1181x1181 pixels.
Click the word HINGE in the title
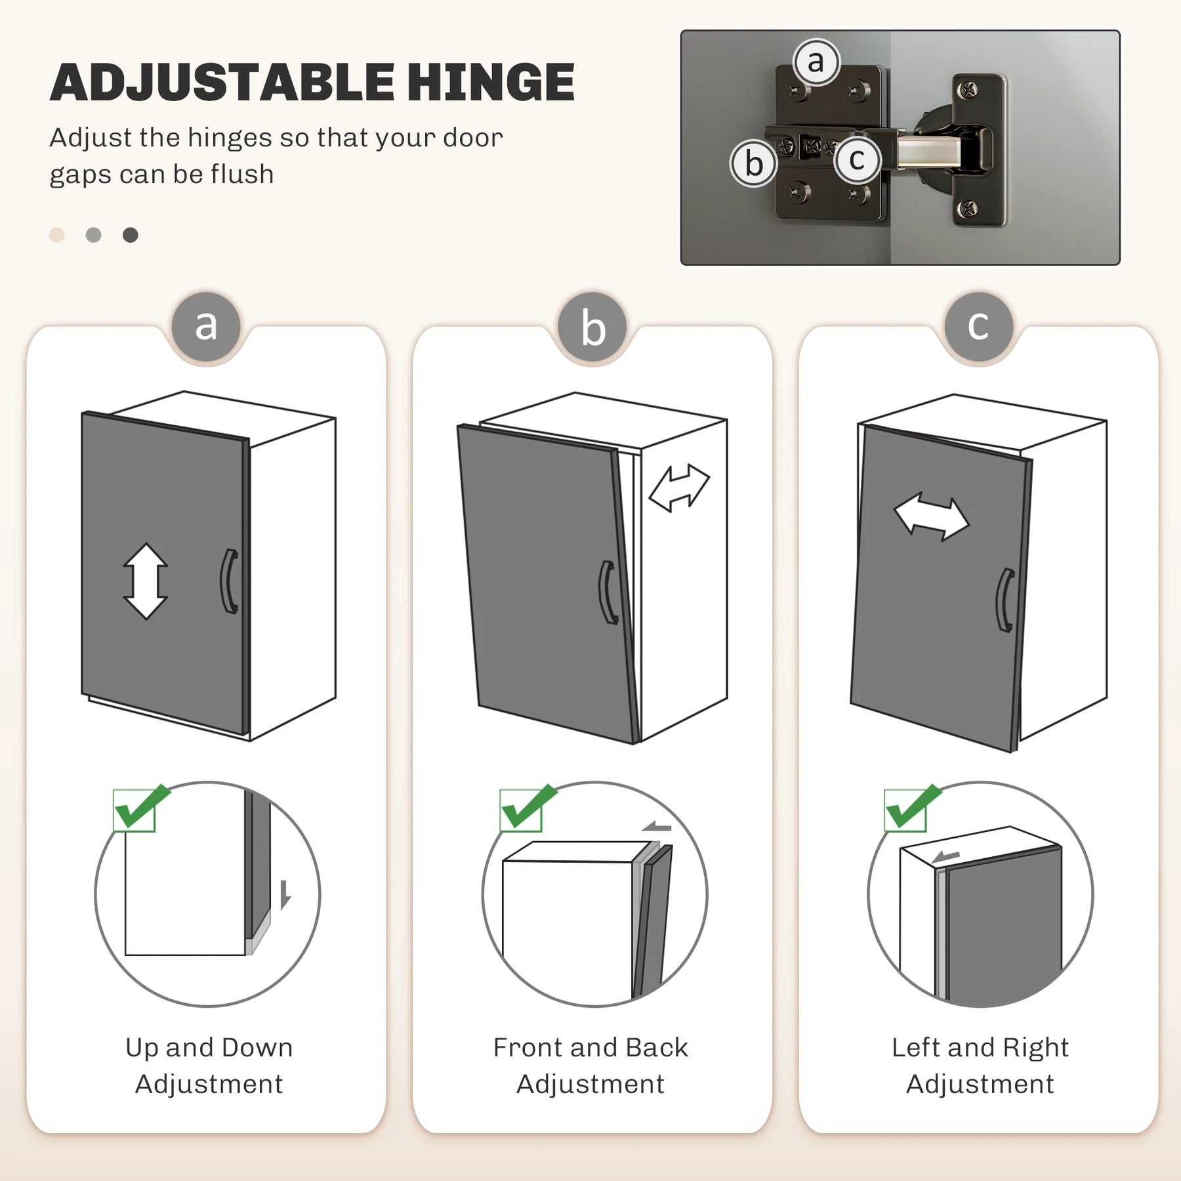click(491, 83)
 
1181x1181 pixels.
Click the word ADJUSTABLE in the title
click(222, 83)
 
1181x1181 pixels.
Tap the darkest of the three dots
click(131, 235)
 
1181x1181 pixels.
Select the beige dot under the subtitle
click(57, 235)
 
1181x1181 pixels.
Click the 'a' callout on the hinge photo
click(816, 62)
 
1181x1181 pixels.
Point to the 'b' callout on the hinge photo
click(754, 163)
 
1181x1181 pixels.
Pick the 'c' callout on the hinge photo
click(857, 159)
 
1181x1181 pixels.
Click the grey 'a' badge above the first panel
click(207, 326)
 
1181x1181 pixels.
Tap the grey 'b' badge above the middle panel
click(593, 327)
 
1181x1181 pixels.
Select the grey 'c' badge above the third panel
click(979, 326)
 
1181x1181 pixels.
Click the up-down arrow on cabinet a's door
click(146, 581)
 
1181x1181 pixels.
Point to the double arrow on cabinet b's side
click(679, 487)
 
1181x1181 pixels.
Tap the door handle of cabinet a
click(228, 581)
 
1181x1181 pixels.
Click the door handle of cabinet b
click(607, 592)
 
